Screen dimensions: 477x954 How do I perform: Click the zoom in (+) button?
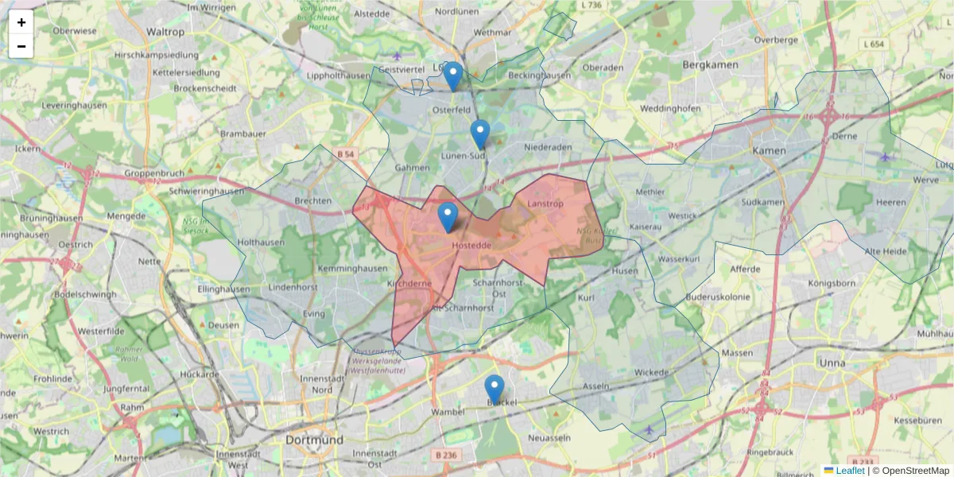click(x=21, y=22)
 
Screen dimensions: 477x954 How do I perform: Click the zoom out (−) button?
click(x=21, y=46)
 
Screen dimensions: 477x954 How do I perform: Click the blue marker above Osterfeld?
click(x=452, y=76)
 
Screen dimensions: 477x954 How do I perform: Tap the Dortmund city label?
click(x=315, y=440)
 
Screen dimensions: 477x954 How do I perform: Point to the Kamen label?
click(x=769, y=150)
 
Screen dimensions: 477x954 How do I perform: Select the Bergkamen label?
click(x=712, y=64)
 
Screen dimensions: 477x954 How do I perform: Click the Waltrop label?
click(x=165, y=32)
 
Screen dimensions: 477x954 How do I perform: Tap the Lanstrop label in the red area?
click(x=545, y=204)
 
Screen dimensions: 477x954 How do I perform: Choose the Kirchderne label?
click(x=409, y=282)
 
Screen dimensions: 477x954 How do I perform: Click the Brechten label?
click(x=312, y=201)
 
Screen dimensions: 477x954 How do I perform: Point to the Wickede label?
click(x=652, y=371)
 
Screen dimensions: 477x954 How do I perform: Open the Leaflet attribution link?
click(x=850, y=471)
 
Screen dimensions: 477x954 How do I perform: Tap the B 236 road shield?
click(x=448, y=454)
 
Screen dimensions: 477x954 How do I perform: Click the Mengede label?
click(x=126, y=215)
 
